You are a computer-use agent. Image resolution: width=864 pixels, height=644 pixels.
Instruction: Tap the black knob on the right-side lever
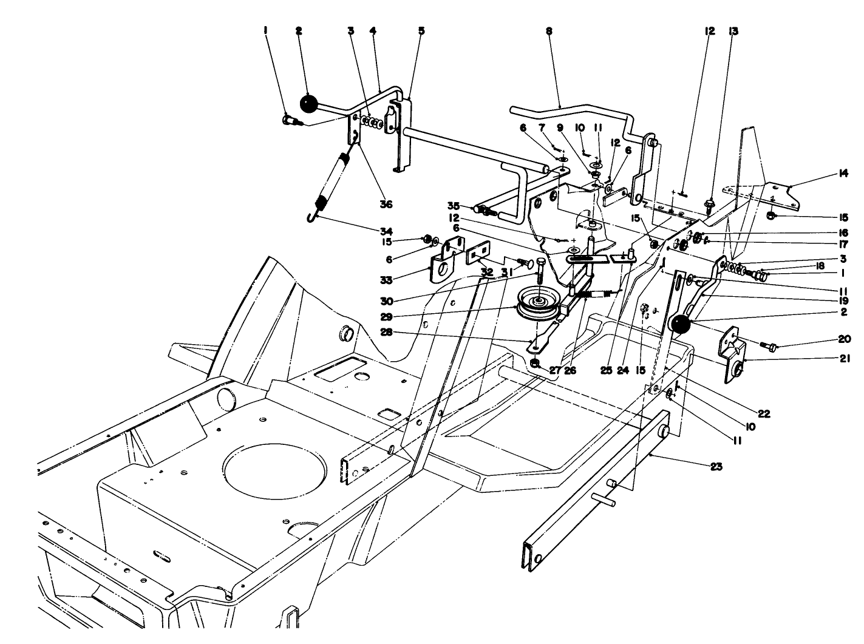(x=681, y=325)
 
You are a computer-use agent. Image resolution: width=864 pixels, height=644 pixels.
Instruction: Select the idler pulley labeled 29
(x=537, y=303)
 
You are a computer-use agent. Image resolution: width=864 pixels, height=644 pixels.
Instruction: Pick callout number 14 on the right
(x=843, y=174)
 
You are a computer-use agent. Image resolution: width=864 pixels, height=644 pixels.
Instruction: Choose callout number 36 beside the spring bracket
(x=386, y=205)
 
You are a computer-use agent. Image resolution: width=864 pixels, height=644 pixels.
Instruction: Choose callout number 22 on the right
(x=764, y=414)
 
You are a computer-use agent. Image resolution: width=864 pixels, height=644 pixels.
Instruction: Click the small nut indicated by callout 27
(x=535, y=364)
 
